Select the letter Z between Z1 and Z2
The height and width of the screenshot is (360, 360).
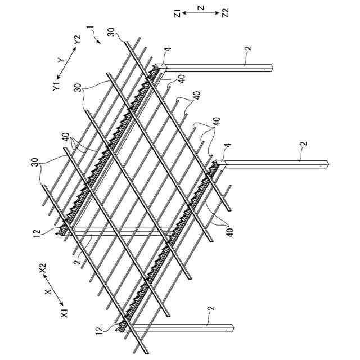tap(200, 7)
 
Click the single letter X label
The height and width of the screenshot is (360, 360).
tap(48, 293)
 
